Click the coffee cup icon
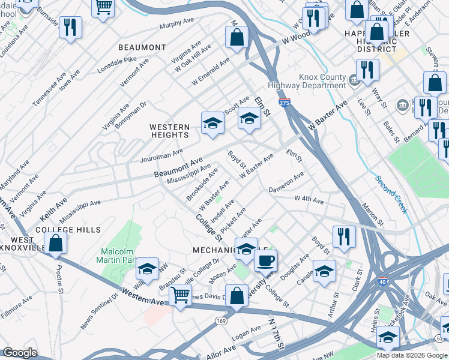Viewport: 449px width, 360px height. point(265,261)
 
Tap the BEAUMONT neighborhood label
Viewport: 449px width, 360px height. point(142,47)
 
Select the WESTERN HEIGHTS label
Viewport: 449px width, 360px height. point(170,131)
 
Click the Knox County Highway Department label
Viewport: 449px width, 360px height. point(322,82)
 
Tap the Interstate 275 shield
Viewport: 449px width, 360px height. point(285,103)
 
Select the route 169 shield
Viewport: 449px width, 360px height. point(220,322)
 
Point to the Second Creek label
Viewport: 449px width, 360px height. point(391,194)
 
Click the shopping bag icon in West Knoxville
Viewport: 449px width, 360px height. point(55,244)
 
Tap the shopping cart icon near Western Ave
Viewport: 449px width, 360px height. point(180,295)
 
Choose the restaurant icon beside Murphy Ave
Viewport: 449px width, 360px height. point(71,28)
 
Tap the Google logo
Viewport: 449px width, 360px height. point(20,353)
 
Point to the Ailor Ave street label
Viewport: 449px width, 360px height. point(222,350)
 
